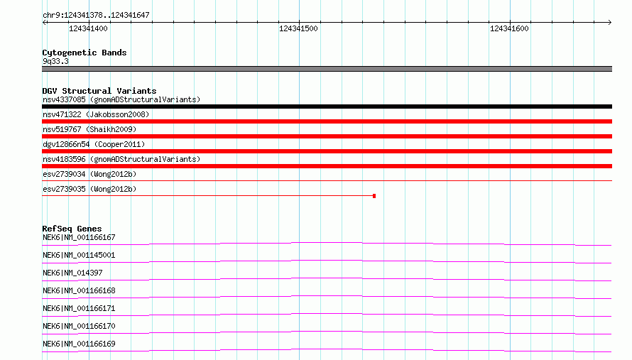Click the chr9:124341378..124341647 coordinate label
pos(96,16)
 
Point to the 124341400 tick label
pos(88,28)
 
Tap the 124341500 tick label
pos(298,28)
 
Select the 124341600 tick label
pos(509,28)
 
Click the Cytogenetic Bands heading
pos(85,53)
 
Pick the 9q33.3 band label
pos(55,62)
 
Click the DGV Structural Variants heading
pos(99,91)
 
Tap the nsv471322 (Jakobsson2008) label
pos(96,114)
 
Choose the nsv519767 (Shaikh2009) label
pos(89,129)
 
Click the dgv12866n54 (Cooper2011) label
pos(94,144)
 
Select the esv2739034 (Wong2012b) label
pos(89,174)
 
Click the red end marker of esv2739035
pos(374,196)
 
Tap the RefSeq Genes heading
pos(72,229)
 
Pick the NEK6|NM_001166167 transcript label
pos(79,237)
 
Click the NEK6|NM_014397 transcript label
pos(72,273)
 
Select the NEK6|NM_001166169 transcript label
pos(79,344)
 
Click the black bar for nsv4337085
pos(327,107)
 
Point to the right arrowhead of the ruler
pos(610,22)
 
